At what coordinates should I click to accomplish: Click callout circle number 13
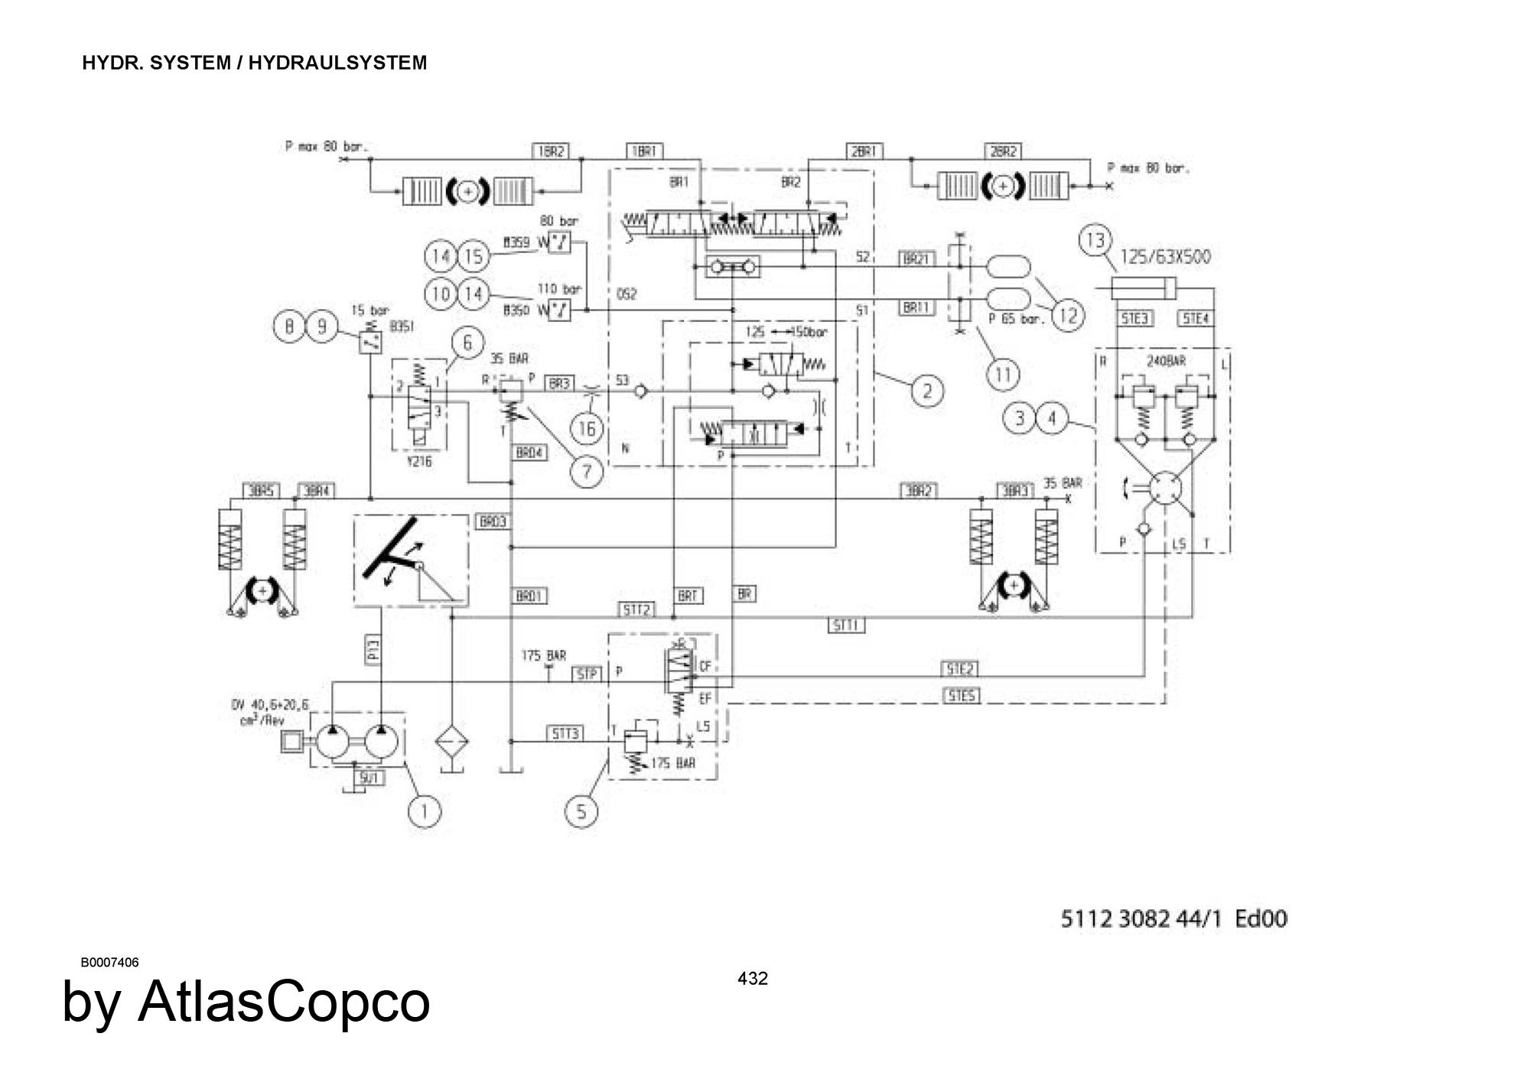[1095, 240]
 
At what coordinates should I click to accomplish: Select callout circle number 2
[926, 392]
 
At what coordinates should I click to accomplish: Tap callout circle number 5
[581, 811]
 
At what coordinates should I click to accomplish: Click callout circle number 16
[587, 428]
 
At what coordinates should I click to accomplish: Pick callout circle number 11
[1003, 374]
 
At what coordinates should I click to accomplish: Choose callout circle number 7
[587, 471]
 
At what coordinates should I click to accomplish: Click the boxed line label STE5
[960, 697]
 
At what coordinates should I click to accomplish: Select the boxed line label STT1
[846, 625]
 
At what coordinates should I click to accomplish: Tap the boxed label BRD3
[493, 522]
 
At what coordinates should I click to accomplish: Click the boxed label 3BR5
[262, 490]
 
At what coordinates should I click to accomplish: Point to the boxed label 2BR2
[1003, 151]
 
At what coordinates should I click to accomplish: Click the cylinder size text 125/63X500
[1165, 257]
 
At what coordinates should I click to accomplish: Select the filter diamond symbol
[452, 741]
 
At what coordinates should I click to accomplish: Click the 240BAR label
[1165, 361]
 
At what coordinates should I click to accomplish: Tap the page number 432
[753, 978]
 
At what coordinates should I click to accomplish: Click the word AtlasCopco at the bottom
[284, 1002]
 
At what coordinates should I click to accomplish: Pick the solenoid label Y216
[419, 461]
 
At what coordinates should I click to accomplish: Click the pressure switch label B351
[402, 327]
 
